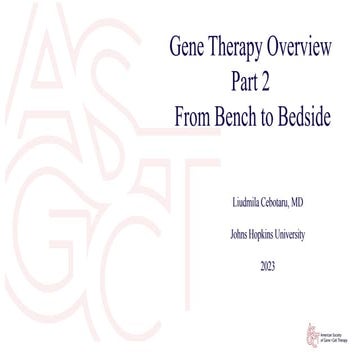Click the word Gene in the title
189,46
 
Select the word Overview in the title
305,46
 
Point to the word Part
238,76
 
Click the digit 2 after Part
266,76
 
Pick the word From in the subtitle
194,106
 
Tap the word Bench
243,106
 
